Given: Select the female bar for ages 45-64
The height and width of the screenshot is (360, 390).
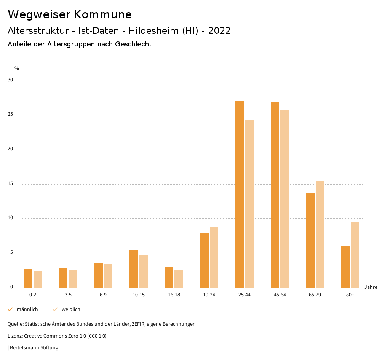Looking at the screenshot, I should (285, 199).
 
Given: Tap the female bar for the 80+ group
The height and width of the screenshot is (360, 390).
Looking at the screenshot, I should (355, 255).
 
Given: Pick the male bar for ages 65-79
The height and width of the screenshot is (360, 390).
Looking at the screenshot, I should (310, 240).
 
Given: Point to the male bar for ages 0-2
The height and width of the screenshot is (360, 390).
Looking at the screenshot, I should (28, 279).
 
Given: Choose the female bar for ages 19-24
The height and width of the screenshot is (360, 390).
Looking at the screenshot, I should (214, 257).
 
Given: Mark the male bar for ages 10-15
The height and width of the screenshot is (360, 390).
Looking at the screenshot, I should (134, 269).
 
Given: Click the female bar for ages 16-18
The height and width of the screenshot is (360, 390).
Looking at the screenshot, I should (179, 279).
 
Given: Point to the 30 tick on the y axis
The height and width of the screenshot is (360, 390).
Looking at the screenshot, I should (10, 80).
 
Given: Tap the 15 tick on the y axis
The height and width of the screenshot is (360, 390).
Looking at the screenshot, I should (10, 184).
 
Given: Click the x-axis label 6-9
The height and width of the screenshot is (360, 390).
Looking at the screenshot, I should (103, 295).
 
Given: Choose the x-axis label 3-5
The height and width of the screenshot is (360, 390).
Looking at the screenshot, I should (68, 295).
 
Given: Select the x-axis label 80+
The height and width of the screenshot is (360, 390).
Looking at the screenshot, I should (350, 295).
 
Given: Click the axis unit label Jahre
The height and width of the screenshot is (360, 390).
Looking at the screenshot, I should (371, 287).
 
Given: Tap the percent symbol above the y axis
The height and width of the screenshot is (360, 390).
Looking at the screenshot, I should (17, 68).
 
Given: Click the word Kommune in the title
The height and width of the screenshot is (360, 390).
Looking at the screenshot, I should (103, 14).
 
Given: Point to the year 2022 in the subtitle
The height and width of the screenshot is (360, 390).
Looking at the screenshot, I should (219, 31).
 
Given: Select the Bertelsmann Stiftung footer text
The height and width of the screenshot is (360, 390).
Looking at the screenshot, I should (34, 348).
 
